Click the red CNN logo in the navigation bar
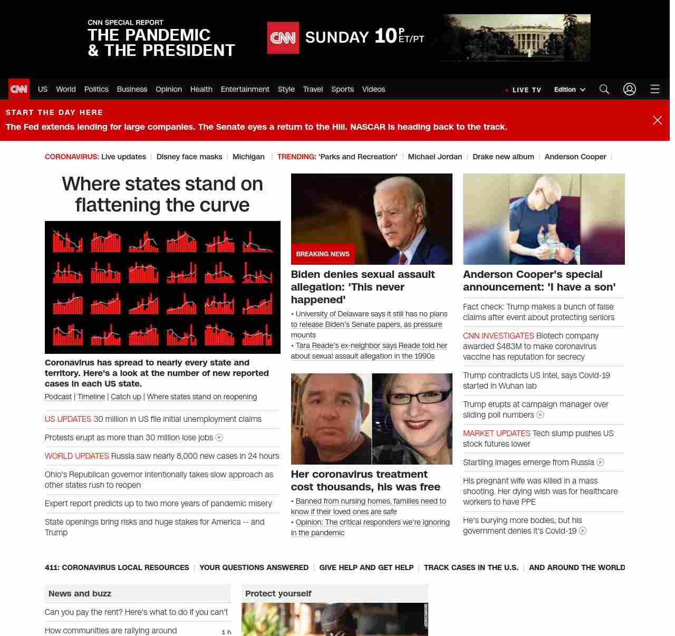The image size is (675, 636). pos(19,89)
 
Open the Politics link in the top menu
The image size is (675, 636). pos(96,89)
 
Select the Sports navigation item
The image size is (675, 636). pos(342,89)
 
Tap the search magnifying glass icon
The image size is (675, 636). pos(604,89)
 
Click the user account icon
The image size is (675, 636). pos(630,89)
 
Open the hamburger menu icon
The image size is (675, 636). pos(655,89)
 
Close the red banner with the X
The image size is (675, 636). pos(658,120)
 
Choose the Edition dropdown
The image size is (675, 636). pos(570,90)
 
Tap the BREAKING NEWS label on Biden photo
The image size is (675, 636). pos(323,254)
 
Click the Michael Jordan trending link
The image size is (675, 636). pos(435,157)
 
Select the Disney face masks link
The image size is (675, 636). pos(189,157)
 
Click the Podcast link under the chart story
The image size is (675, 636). pos(58,397)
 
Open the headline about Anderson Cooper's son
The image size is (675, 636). pos(539,281)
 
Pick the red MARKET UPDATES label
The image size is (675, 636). pos(496,433)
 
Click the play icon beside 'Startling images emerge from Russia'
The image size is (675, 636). pos(600,462)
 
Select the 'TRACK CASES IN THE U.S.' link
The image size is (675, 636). pos(471,567)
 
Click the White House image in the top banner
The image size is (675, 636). pos(517,37)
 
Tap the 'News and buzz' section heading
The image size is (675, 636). pos(80,593)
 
